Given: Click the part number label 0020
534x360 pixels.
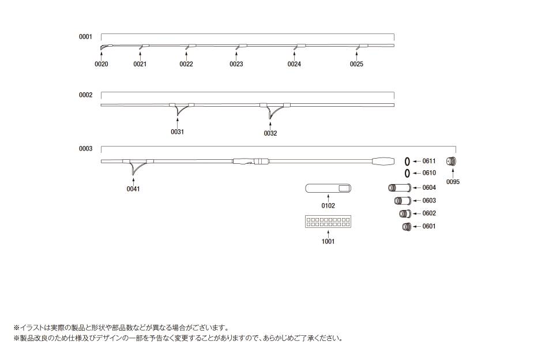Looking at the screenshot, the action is click(101, 64).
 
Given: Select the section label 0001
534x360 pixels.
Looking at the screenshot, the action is click(85, 37).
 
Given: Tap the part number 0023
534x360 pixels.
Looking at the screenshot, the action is click(236, 64).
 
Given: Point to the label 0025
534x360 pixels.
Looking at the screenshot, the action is click(356, 64).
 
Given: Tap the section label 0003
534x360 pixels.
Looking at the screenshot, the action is click(85, 148).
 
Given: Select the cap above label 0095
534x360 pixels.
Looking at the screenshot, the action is click(451, 161).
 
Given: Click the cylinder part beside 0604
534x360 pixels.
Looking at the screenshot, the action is click(399, 187).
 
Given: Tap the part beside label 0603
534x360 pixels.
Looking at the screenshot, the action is click(403, 201).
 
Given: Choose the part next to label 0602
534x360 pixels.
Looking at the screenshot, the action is click(405, 213).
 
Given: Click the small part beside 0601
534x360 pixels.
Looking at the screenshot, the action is click(407, 227).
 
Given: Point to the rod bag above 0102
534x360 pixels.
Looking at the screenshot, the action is click(328, 188).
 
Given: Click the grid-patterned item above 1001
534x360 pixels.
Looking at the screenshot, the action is click(328, 222).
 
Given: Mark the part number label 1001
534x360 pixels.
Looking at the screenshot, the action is click(328, 242).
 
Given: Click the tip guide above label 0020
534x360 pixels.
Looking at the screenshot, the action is click(106, 47).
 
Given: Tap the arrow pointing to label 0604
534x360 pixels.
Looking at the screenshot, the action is click(416, 187).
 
